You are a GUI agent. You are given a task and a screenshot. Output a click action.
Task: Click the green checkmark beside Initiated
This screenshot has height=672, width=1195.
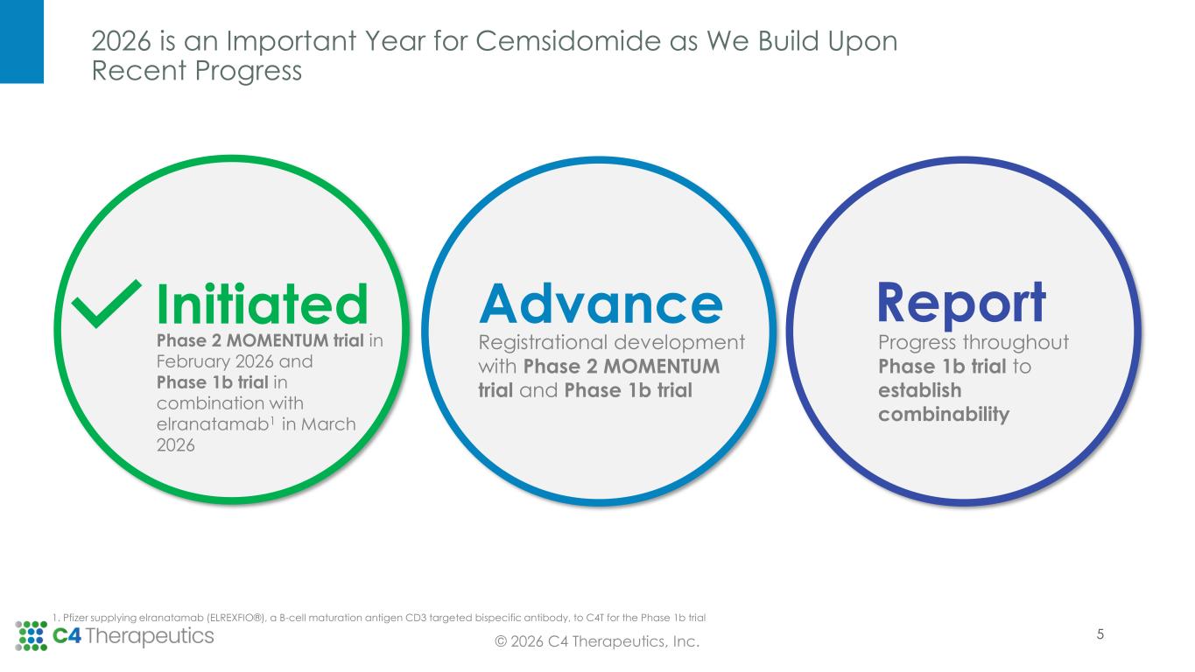point(106,303)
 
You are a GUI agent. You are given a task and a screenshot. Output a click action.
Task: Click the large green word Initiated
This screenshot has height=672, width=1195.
point(262,304)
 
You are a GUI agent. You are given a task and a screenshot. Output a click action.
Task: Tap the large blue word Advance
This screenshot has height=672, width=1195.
point(601,304)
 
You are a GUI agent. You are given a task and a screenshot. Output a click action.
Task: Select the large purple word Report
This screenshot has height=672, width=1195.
point(962,304)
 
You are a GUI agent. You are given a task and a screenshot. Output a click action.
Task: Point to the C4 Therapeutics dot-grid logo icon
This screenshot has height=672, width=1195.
point(31,636)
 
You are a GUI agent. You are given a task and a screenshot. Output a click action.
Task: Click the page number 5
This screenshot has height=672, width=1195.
point(1100,634)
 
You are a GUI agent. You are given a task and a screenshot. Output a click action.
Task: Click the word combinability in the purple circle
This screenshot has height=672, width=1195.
point(944,415)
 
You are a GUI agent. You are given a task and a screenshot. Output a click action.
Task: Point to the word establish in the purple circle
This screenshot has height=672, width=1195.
point(920,390)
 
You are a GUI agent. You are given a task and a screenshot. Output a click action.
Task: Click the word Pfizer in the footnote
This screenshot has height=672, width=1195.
point(73,618)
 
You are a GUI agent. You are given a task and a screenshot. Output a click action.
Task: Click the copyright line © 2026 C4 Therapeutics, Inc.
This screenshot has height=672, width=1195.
point(597,641)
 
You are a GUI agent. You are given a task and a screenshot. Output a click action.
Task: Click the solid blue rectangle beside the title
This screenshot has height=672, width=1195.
point(22,42)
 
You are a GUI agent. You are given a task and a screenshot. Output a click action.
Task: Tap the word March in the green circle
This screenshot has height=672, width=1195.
point(328,424)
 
